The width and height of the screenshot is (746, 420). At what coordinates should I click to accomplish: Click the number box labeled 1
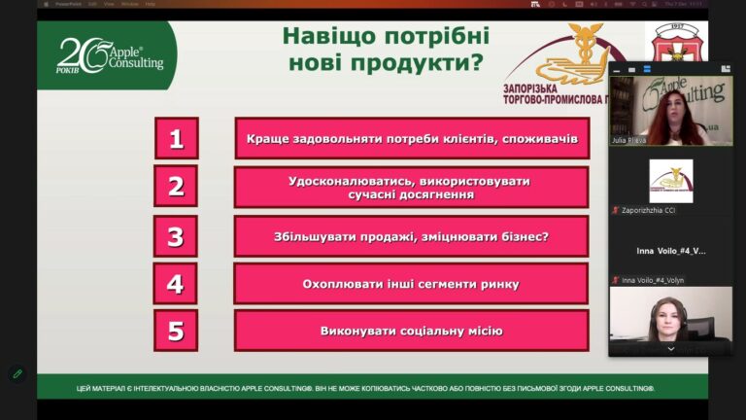[176, 138]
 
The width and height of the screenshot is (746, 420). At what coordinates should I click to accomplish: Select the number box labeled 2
[176, 187]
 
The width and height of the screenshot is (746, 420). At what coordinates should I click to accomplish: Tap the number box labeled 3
[176, 236]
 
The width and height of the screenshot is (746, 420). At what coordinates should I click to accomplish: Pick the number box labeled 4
[176, 284]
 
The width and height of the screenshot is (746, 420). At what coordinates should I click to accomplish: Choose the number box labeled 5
[176, 331]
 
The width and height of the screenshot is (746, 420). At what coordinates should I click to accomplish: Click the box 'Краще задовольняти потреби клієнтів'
[411, 138]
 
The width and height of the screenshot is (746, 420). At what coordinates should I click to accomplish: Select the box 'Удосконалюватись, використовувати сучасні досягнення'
[411, 187]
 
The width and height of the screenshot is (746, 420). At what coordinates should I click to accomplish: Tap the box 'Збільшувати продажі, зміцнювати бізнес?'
[411, 236]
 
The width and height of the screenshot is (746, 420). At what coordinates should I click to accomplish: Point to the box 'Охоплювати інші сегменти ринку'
[411, 284]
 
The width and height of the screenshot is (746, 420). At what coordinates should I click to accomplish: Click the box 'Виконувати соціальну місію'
[411, 331]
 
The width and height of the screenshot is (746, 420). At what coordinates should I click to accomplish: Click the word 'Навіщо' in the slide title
[320, 37]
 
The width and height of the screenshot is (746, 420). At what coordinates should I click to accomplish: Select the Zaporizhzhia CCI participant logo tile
[670, 180]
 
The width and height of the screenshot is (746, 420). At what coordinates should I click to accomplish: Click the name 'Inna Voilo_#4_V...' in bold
[670, 251]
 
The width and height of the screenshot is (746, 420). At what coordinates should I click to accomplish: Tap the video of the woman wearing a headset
[670, 316]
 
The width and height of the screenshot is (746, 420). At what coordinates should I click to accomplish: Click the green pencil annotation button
[17, 372]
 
